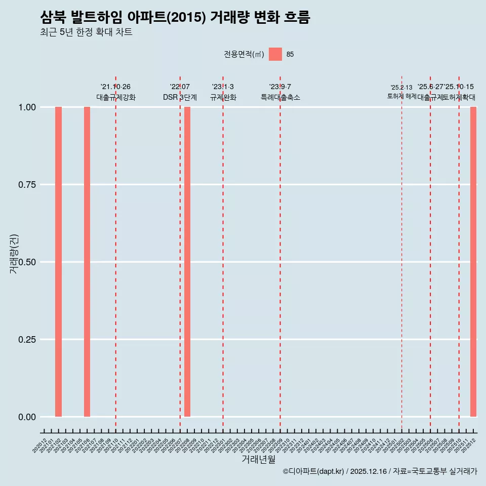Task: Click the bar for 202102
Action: click(x=59, y=262)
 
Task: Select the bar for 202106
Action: click(x=87, y=262)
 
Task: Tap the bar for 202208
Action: click(x=187, y=262)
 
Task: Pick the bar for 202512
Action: click(x=473, y=262)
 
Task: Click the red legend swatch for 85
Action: click(x=275, y=54)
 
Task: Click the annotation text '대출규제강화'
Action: click(x=116, y=97)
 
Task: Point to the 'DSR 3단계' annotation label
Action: click(x=180, y=97)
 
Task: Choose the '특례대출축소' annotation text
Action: click(x=280, y=97)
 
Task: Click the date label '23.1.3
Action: click(x=223, y=87)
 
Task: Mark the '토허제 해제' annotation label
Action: click(x=401, y=96)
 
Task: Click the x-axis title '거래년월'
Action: click(x=259, y=460)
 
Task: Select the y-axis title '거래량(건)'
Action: click(x=14, y=254)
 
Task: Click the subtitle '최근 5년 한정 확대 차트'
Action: click(x=86, y=32)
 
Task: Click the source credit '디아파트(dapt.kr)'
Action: click(x=316, y=471)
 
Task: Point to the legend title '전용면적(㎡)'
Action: click(x=244, y=55)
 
